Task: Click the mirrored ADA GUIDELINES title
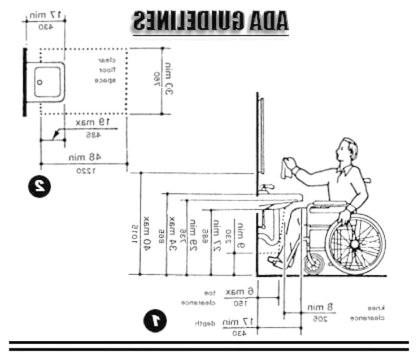tap(211, 21)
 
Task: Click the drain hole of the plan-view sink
tap(40, 81)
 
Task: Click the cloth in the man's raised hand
tap(286, 168)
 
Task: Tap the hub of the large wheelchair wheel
tap(355, 245)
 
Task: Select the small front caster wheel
tap(314, 264)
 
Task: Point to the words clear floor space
tap(106, 70)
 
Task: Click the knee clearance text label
tap(375, 313)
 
